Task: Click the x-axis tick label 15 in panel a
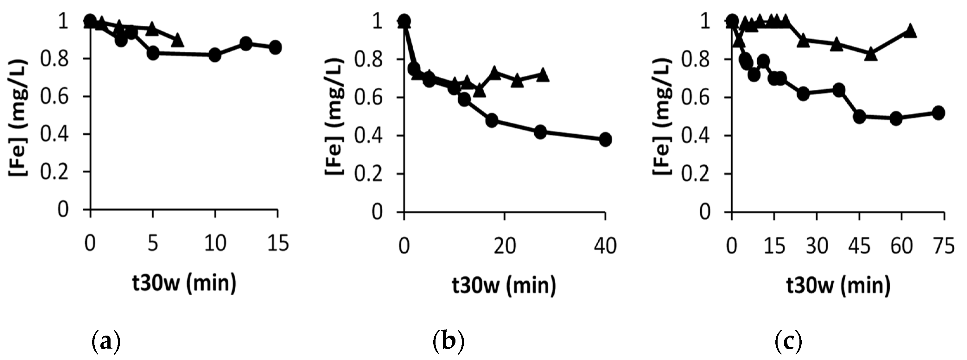278,244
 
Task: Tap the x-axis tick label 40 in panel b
605,247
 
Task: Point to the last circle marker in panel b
605,140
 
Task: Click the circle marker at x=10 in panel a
215,55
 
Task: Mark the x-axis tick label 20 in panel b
505,247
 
